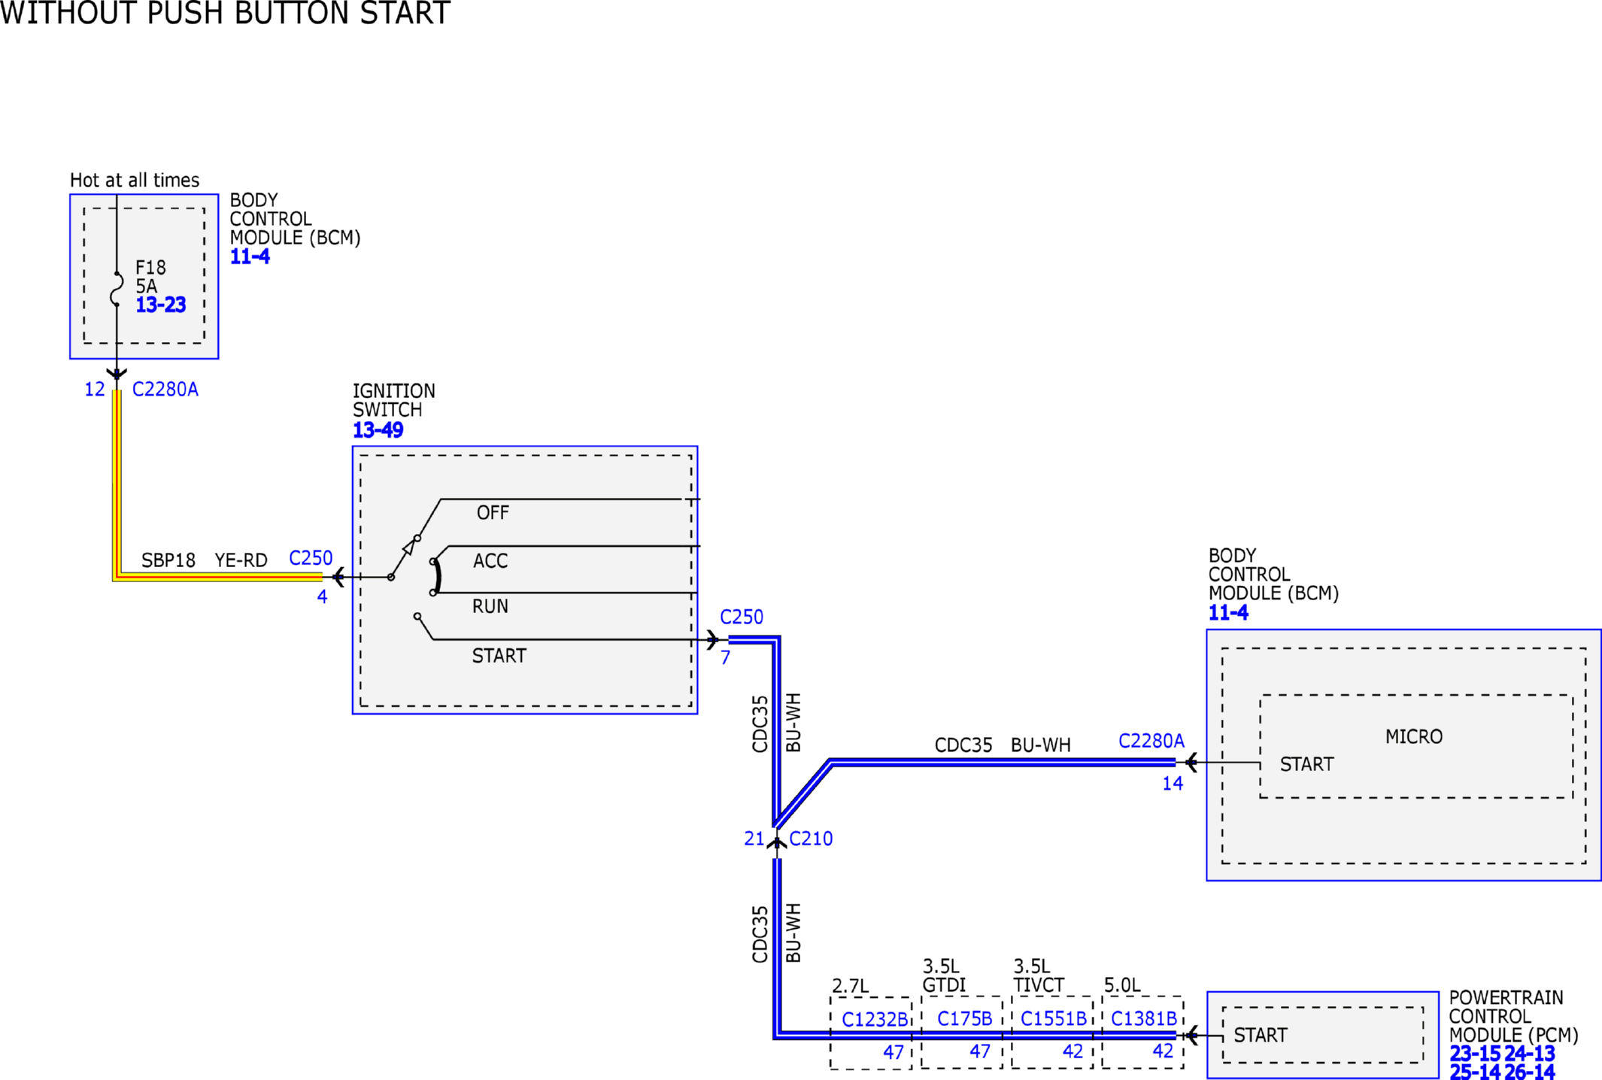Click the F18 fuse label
(150, 267)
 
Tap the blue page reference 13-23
(160, 305)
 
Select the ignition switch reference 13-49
(378, 430)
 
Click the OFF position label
(493, 513)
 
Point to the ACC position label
(490, 561)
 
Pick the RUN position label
(490, 606)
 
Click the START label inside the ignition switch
(499, 656)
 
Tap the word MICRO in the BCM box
(1414, 737)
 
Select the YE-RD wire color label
(241, 560)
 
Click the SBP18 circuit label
(168, 560)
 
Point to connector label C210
(811, 839)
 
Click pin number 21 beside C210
(754, 839)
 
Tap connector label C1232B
(875, 1019)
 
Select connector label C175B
(965, 1018)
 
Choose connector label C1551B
(1054, 1018)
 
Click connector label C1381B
(1144, 1018)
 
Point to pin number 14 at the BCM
(1173, 784)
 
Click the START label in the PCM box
(1261, 1036)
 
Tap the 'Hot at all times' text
(135, 181)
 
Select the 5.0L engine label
(1122, 985)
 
